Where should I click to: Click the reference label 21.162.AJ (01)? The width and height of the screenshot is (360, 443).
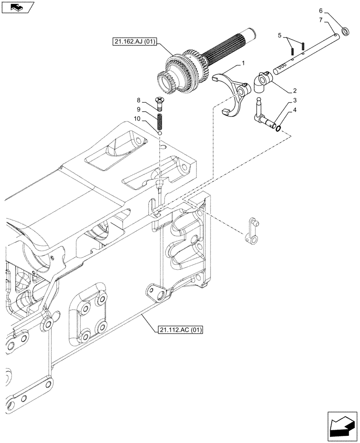[135, 42]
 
